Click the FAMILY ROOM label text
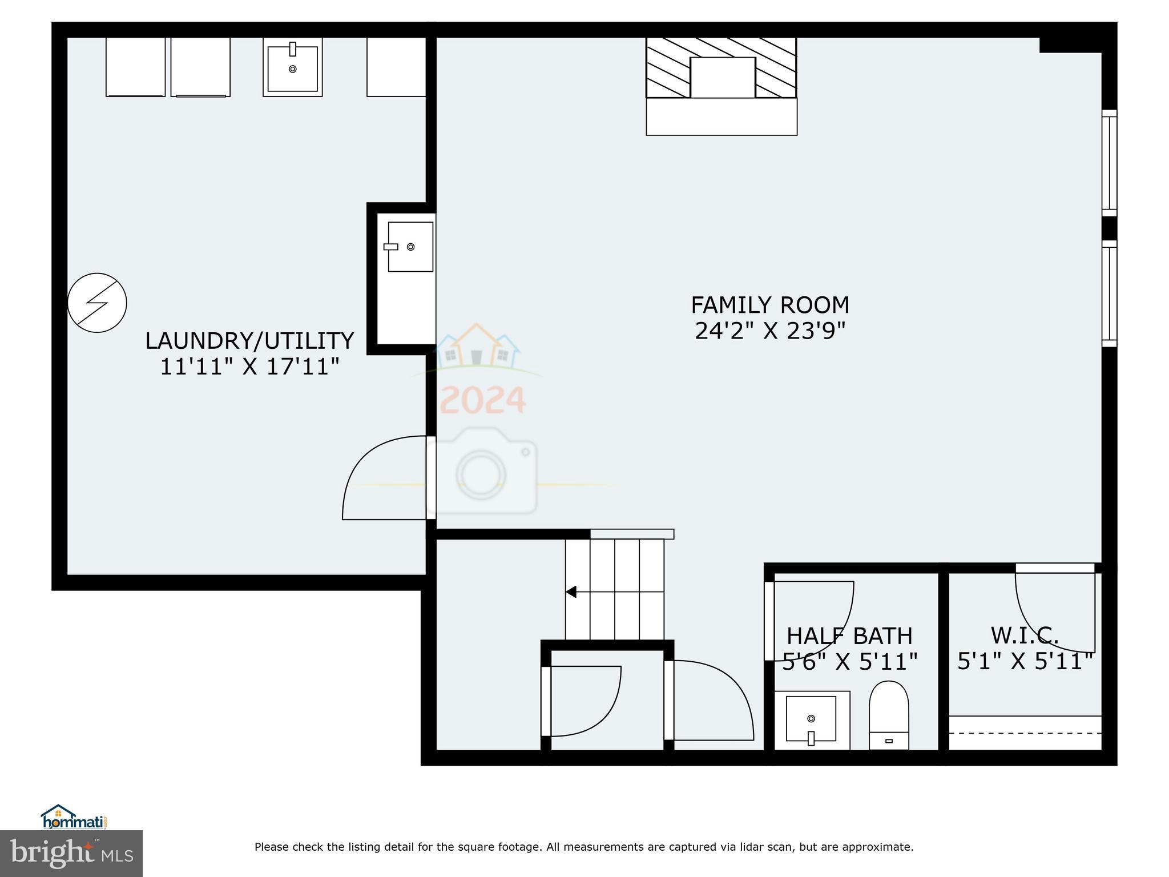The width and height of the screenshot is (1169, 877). [x=769, y=305]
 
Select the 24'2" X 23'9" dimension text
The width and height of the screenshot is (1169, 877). [x=769, y=331]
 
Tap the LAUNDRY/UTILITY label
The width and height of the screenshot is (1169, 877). [x=249, y=341]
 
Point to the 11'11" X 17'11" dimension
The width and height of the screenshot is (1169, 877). [x=249, y=367]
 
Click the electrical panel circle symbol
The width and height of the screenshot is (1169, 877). [x=97, y=303]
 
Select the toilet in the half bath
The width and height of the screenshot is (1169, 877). [x=889, y=714]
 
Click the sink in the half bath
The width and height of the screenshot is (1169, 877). [x=811, y=719]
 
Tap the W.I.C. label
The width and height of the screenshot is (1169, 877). [x=1025, y=635]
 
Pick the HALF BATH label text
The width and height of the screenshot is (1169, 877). [x=849, y=636]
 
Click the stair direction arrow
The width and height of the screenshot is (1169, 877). [x=571, y=592]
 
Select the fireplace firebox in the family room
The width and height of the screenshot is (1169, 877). [x=723, y=78]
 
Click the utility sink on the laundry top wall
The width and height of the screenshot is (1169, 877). [x=292, y=67]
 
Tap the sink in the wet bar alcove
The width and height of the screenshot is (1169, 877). [x=410, y=247]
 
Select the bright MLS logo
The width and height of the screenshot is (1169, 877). [x=71, y=853]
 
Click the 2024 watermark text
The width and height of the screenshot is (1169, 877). [x=483, y=400]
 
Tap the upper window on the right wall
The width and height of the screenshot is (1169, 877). [x=1108, y=163]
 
